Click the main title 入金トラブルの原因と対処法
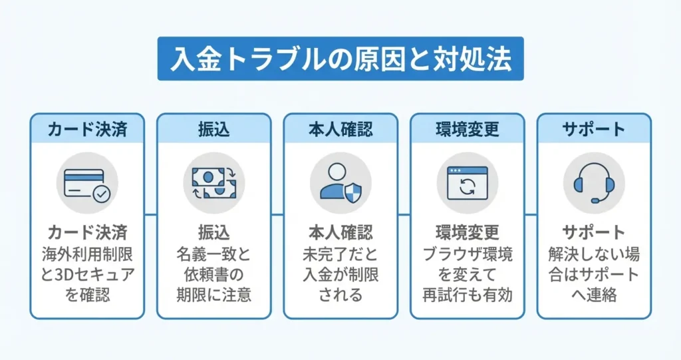pos(340,59)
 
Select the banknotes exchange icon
pos(213,182)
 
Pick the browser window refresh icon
pos(468,183)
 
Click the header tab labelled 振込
pos(213,129)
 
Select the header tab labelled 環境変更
pos(468,129)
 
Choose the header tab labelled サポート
pos(594,129)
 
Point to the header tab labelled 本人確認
pos(340,129)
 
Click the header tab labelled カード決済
pos(87,129)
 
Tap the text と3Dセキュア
pos(87,275)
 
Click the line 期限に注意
pos(213,295)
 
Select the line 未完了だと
pos(340,254)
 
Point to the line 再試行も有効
pos(468,295)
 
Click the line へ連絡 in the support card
pos(594,295)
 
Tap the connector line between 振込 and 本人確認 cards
pos(277,214)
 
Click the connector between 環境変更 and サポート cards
pos(531,214)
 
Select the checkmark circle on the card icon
pos(102,194)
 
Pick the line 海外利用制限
pos(87,254)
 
